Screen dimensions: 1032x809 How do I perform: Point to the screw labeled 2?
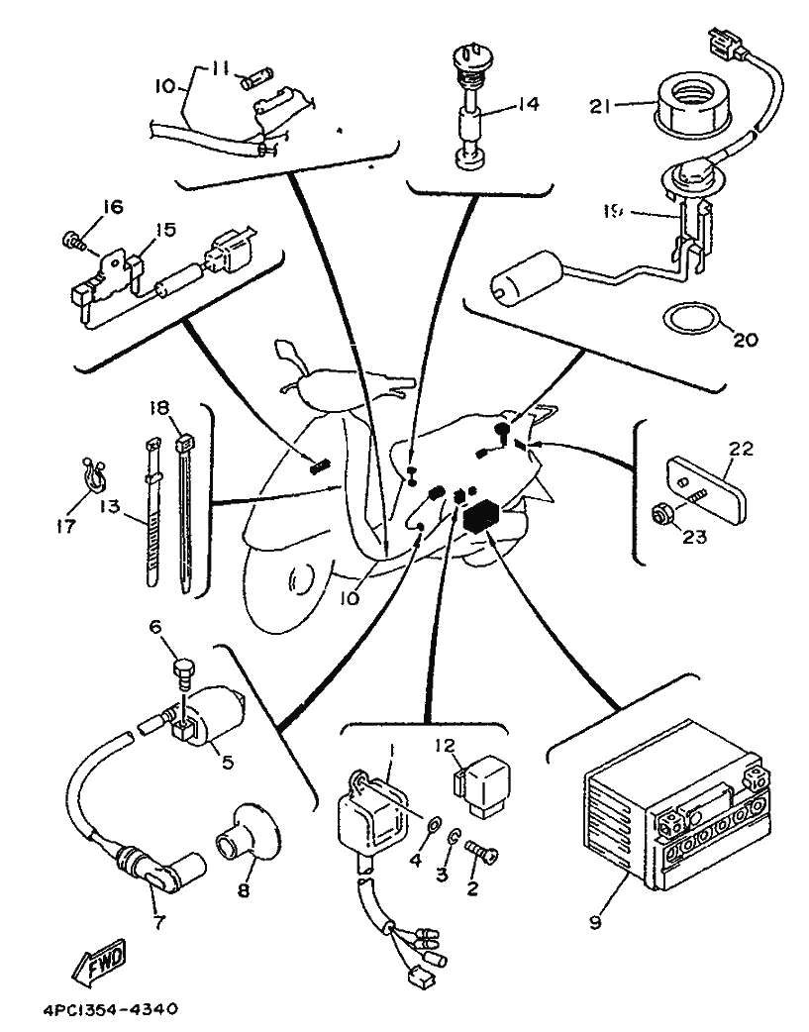pos(483,850)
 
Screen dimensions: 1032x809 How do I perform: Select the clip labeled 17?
pos(92,477)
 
